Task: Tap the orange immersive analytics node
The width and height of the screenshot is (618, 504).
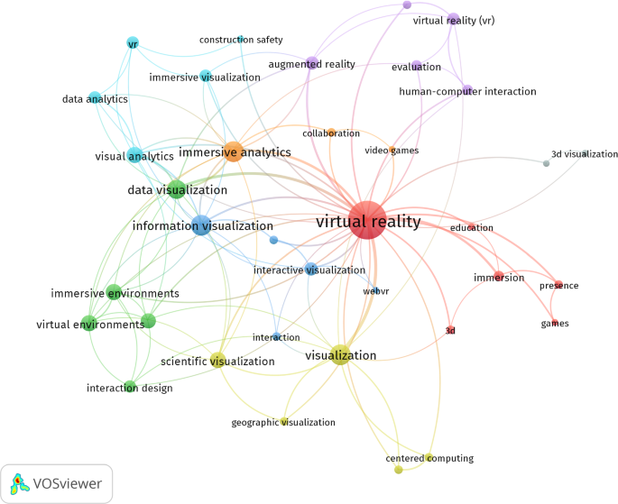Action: coord(234,151)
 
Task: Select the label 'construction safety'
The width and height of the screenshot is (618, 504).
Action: coord(241,40)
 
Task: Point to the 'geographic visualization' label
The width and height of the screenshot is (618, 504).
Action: coord(283,422)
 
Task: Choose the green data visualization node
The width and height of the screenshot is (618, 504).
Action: coord(177,189)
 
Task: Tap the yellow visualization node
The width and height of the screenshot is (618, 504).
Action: coord(339,354)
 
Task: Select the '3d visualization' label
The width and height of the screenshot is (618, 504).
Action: coord(584,154)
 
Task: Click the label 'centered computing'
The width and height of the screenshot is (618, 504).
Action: coord(429,458)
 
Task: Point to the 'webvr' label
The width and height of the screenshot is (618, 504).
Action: coord(375,291)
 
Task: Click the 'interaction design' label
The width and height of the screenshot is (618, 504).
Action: coord(130,389)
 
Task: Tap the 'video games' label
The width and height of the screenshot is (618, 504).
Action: coord(392,150)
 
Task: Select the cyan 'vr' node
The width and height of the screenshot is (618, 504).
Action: coord(132,43)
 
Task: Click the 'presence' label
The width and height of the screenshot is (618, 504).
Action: coord(558,286)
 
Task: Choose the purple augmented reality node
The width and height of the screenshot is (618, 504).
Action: coord(311,63)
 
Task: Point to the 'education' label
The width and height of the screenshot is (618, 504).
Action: coord(472,227)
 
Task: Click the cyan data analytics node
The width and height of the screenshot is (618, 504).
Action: coord(95,98)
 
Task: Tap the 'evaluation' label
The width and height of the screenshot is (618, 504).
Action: coord(416,67)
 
